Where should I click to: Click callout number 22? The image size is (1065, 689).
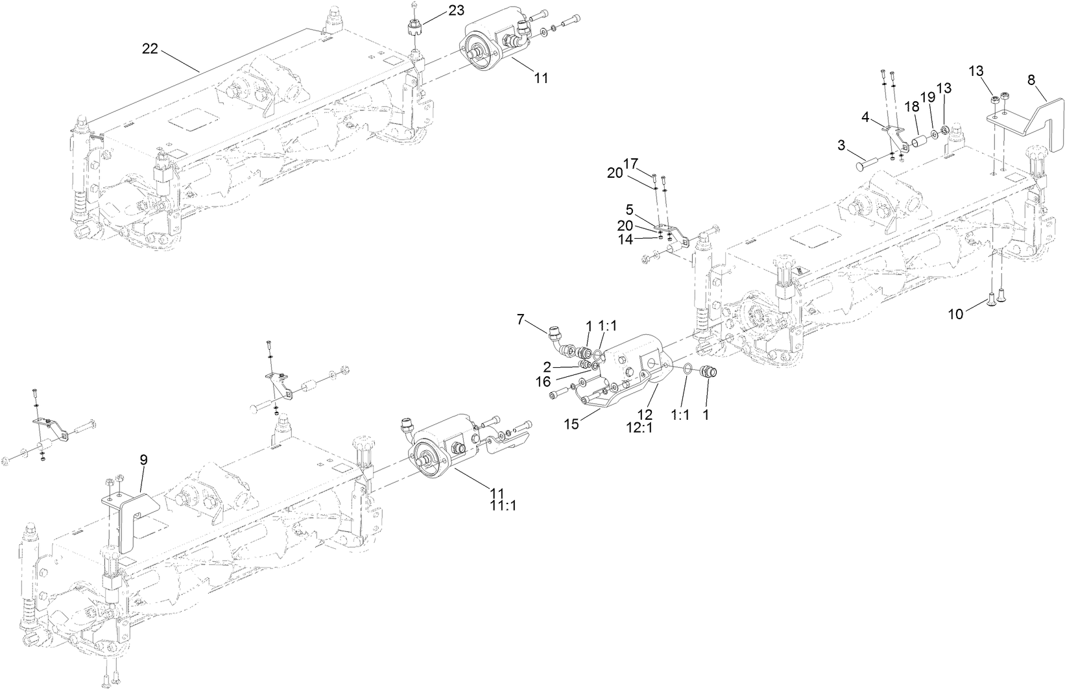(150, 49)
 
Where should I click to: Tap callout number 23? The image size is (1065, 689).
(456, 11)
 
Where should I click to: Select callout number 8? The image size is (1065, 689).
(1031, 80)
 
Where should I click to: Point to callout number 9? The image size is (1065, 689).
(143, 459)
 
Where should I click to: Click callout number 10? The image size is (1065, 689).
(955, 315)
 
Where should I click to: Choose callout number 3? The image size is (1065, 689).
(842, 145)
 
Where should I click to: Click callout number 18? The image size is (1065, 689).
(912, 106)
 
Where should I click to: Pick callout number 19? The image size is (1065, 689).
(927, 97)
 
